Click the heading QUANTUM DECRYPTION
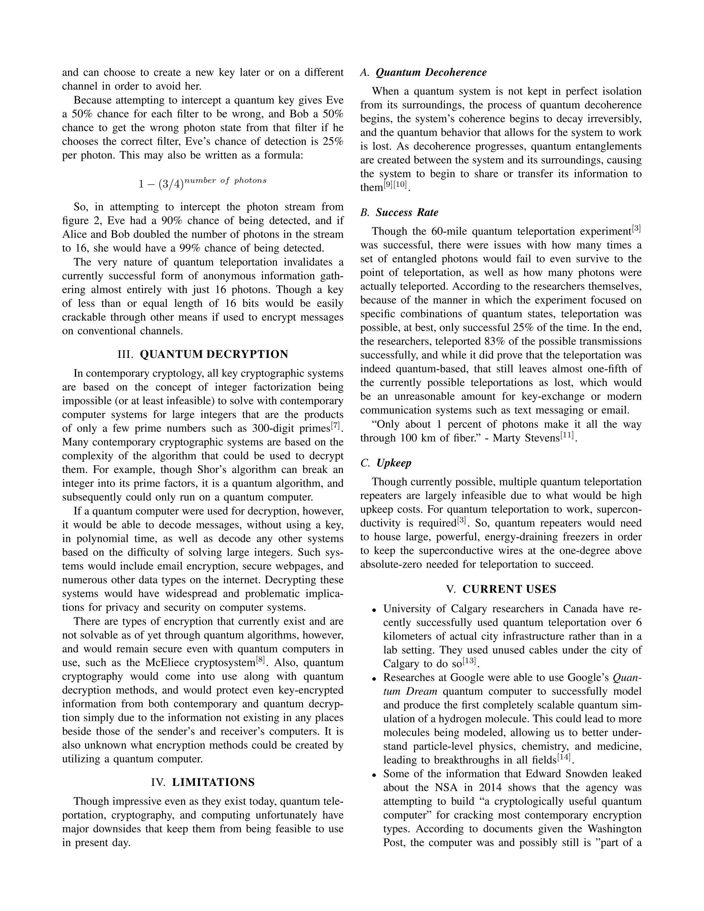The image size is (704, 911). [x=213, y=354]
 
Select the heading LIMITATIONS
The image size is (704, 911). [x=213, y=782]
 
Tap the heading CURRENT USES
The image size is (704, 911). [x=509, y=589]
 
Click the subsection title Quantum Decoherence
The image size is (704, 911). [x=431, y=73]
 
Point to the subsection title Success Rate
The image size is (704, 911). [x=407, y=213]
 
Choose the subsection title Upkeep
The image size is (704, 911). [x=393, y=463]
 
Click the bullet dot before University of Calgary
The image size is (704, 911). [x=375, y=610]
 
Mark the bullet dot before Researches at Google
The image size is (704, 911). [x=375, y=679]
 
